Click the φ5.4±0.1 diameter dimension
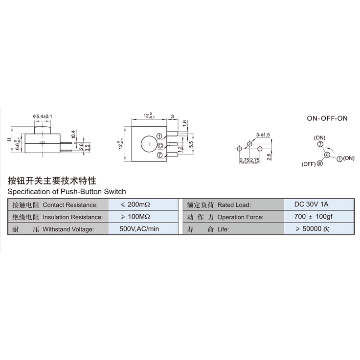tap(43, 116)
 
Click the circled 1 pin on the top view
tap(160, 136)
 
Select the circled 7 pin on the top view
tap(160, 155)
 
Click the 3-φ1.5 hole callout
tap(263, 134)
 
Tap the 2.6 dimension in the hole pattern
tap(270, 157)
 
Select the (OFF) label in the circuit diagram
tap(308, 165)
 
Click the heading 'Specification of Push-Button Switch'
tap(67, 191)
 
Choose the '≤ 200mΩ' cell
tap(136, 204)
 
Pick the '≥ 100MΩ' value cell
tap(136, 217)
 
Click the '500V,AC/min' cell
tap(139, 229)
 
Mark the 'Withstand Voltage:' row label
tap(68, 229)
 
